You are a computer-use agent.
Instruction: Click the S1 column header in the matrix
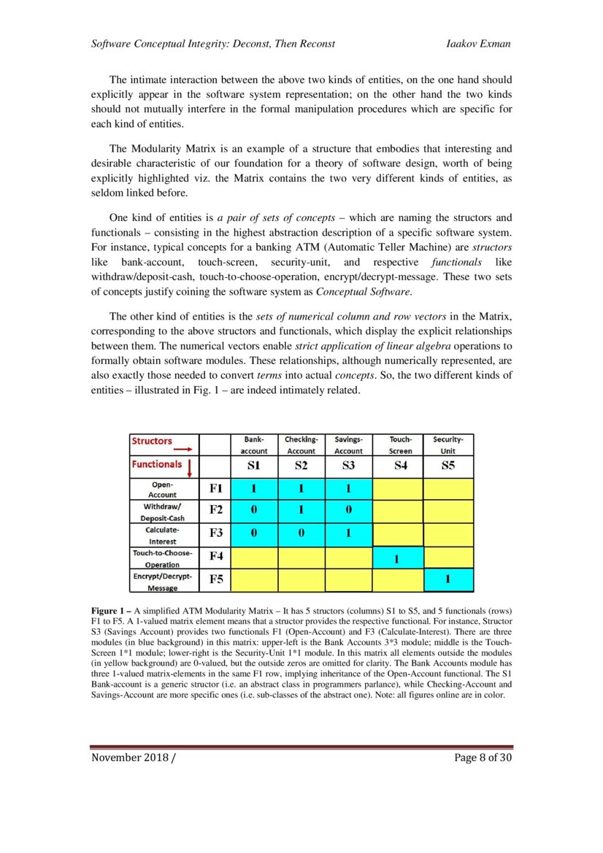point(253,466)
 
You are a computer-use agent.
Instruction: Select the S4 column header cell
point(400,466)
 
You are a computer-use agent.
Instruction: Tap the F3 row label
point(216,533)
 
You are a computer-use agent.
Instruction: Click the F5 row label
point(216,580)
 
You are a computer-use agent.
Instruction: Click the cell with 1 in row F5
point(448,580)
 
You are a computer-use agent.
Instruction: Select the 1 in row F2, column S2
point(300,509)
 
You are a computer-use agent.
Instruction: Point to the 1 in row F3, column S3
point(348,533)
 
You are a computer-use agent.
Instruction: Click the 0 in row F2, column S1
point(253,509)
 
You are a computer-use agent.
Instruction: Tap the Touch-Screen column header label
point(400,445)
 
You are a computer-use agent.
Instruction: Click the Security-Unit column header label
point(448,445)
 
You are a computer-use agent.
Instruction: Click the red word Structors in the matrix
point(152,441)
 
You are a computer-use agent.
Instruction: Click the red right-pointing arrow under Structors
point(177,449)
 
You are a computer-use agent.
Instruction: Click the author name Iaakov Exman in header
point(477,44)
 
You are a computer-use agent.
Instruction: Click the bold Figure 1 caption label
point(111,610)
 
